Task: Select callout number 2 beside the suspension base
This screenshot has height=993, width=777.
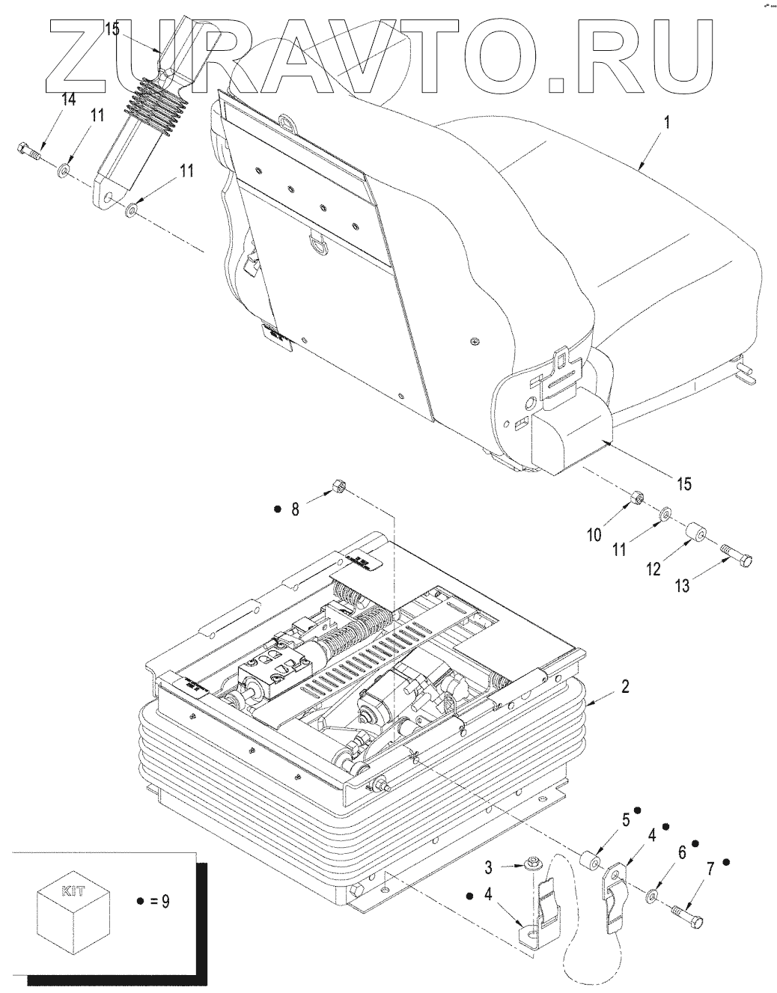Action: (625, 686)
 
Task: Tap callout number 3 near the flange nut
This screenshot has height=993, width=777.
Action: (488, 868)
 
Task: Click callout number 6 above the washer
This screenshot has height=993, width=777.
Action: (682, 852)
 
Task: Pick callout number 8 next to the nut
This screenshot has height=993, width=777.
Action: (295, 510)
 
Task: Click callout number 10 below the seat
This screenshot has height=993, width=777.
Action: (594, 535)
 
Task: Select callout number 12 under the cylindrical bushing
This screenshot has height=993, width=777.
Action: (653, 569)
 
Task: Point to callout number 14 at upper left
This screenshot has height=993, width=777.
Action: (68, 100)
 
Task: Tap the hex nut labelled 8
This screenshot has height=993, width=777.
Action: (336, 490)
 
